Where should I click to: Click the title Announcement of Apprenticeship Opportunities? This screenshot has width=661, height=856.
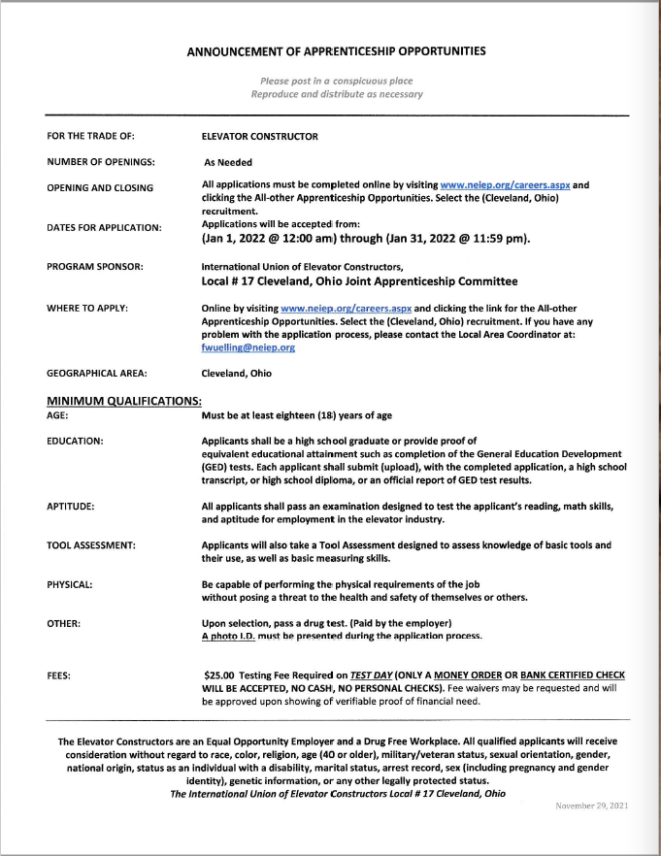tap(336, 50)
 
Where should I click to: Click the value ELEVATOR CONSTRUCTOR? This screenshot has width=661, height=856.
tap(259, 136)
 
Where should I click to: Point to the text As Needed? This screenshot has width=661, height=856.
tap(228, 162)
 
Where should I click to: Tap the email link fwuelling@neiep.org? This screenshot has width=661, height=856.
tap(248, 346)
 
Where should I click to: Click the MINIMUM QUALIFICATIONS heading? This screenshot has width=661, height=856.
tap(123, 401)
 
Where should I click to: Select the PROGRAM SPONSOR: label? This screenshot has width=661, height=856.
tap(94, 266)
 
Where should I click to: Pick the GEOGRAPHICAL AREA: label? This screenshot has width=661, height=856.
tap(100, 373)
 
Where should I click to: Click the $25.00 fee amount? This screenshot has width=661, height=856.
tap(222, 675)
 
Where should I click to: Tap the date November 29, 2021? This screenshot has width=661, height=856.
tap(591, 806)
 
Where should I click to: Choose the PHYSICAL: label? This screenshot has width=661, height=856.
tap(70, 585)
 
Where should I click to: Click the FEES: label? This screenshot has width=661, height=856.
tap(60, 675)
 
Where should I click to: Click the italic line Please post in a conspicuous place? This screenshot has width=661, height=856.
tap(337, 81)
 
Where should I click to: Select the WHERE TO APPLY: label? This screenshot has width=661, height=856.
tap(87, 308)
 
